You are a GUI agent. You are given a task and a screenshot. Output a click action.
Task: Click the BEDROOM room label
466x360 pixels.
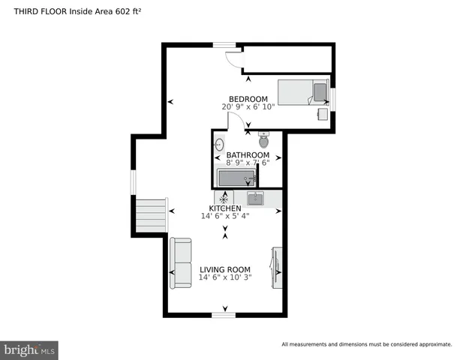pos(248,99)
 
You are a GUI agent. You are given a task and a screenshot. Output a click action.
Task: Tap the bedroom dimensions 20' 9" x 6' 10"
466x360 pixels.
pos(248,107)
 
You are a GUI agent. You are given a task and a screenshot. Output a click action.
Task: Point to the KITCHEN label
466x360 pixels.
pos(225,208)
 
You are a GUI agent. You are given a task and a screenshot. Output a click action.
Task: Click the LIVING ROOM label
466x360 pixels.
pos(225,269)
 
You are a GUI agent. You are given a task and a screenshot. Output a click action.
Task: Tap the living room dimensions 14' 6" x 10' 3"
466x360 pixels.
pos(225,277)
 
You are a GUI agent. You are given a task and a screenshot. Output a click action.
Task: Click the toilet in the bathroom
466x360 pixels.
pos(263,139)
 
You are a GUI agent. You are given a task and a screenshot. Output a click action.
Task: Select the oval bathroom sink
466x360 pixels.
pos(221,144)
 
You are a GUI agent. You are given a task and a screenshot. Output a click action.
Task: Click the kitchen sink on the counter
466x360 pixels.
pos(255,199)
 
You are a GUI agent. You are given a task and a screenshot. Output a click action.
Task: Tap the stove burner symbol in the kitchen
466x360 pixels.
pos(223,199)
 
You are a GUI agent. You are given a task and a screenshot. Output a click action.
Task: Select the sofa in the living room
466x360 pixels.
pos(180,263)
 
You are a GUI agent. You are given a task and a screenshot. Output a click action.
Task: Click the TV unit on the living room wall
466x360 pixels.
pos(277,267)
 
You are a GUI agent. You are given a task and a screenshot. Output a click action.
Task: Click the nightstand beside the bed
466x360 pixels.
pos(323,114)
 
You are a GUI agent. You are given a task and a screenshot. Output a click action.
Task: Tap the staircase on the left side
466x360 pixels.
pos(151,216)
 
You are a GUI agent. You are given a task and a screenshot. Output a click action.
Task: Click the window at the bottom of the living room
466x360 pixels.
pos(224,315)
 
